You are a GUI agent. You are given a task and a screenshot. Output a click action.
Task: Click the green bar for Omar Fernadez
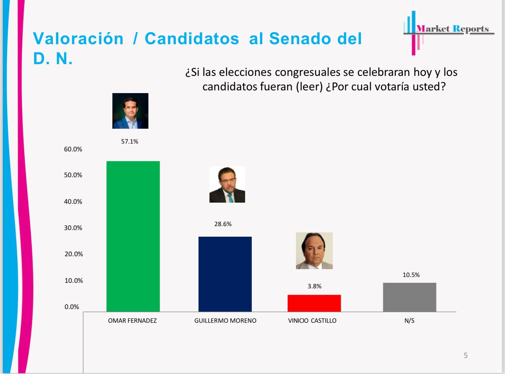pyautogui.click(x=133, y=236)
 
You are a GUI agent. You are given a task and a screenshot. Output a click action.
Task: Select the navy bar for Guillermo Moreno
pyautogui.click(x=225, y=274)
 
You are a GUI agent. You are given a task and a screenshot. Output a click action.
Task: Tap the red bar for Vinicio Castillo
pyautogui.click(x=314, y=303)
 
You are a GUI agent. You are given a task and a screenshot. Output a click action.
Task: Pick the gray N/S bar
pyautogui.click(x=409, y=297)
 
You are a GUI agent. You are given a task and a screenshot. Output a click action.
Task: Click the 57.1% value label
pyautogui.click(x=130, y=142)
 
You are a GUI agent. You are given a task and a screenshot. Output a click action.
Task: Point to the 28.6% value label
pyautogui.click(x=223, y=224)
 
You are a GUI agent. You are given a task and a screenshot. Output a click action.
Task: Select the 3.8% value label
pyautogui.click(x=314, y=286)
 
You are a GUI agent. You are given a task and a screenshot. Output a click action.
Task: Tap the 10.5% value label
pyautogui.click(x=411, y=275)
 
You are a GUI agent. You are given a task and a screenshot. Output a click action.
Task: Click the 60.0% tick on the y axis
pyautogui.click(x=73, y=149)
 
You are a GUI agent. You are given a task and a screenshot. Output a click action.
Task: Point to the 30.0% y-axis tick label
pyautogui.click(x=73, y=228)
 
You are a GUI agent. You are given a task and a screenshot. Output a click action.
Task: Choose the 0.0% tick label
pyautogui.click(x=72, y=307)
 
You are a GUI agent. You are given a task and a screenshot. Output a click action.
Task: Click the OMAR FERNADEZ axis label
pyautogui.click(x=132, y=321)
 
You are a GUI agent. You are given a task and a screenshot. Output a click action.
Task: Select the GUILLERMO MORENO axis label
pyautogui.click(x=225, y=321)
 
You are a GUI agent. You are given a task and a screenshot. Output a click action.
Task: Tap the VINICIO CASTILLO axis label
pyautogui.click(x=312, y=321)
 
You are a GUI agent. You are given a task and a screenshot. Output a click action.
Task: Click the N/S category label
pyautogui.click(x=409, y=321)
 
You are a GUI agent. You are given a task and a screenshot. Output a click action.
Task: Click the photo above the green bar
pyautogui.click(x=130, y=111)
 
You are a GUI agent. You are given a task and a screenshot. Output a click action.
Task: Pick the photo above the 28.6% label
pyautogui.click(x=227, y=184)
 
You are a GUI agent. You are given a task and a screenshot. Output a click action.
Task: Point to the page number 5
pyautogui.click(x=465, y=356)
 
